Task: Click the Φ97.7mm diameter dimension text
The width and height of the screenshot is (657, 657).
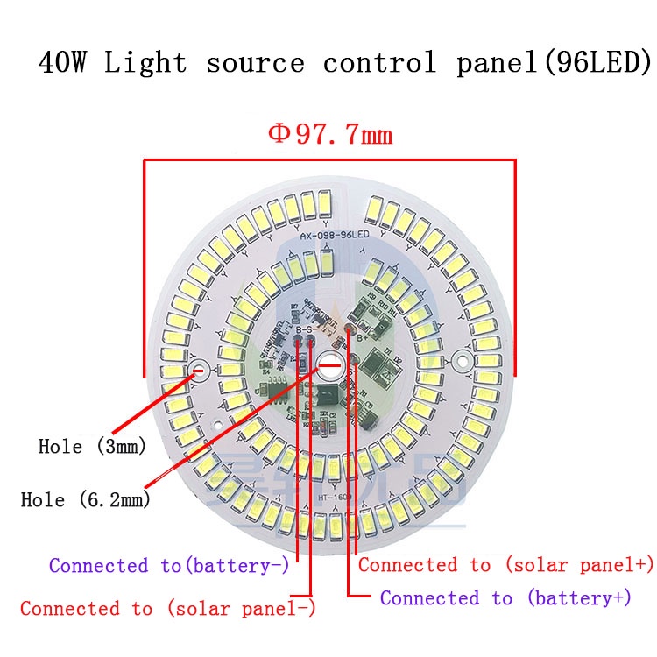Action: pyautogui.click(x=330, y=135)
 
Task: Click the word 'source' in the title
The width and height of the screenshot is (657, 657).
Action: pyautogui.click(x=255, y=63)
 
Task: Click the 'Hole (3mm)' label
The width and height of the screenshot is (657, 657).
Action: pyautogui.click(x=92, y=446)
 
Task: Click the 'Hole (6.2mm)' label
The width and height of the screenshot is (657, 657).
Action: pyautogui.click(x=85, y=500)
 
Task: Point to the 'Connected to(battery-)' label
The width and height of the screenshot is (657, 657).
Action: pyautogui.click(x=169, y=566)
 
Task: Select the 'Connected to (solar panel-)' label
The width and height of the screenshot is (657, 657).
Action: pyautogui.click(x=168, y=608)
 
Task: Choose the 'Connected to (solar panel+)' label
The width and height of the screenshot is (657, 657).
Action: pyautogui.click(x=506, y=565)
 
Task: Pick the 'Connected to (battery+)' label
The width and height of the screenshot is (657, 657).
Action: pyautogui.click(x=506, y=598)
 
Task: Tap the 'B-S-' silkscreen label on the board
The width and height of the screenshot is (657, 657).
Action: pyautogui.click(x=305, y=329)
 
